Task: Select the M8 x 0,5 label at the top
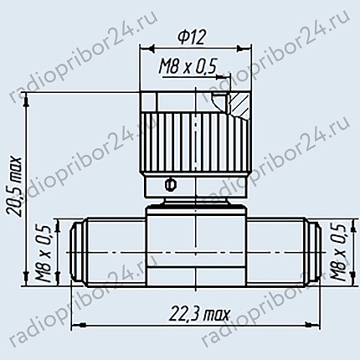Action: tap(188, 67)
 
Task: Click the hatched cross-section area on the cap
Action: tap(239, 104)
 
